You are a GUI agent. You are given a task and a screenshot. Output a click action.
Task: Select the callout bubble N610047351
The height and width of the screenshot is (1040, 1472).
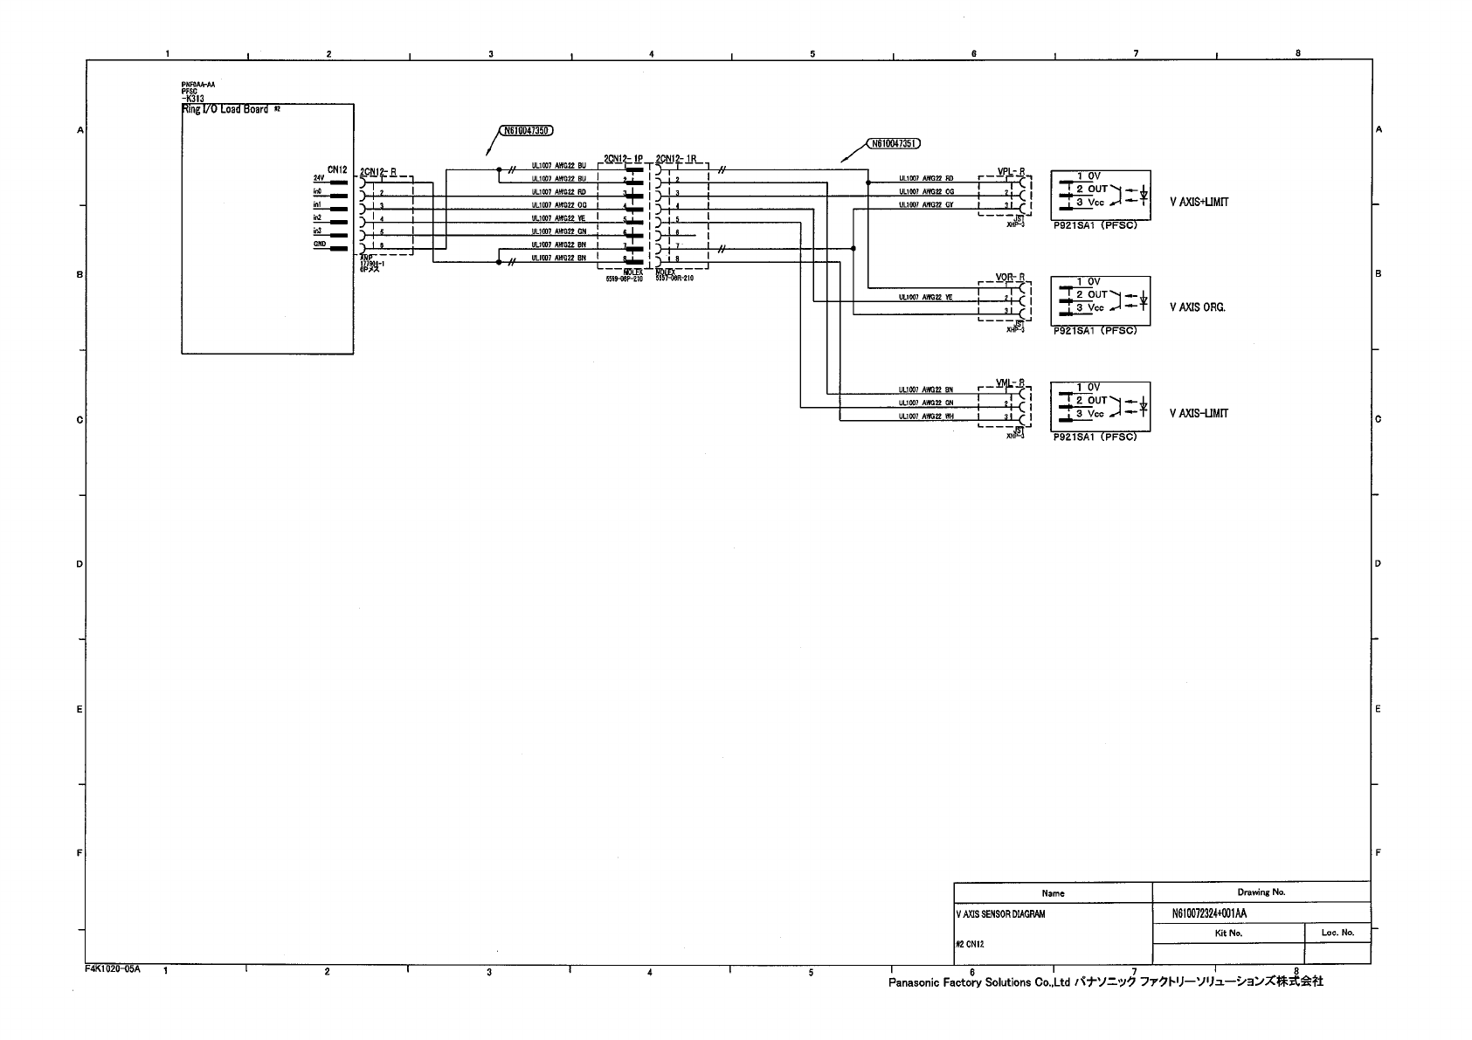click(894, 143)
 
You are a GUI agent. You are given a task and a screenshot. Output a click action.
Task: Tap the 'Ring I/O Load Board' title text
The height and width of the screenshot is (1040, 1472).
click(225, 109)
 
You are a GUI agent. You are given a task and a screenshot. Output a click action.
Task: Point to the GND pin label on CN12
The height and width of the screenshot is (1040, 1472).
click(320, 245)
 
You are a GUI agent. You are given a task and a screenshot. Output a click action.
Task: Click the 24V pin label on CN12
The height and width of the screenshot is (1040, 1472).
click(319, 178)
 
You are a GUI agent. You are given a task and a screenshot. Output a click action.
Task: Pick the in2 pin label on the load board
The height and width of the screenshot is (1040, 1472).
click(318, 217)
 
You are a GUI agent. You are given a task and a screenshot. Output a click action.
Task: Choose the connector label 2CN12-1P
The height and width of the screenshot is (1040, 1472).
click(623, 159)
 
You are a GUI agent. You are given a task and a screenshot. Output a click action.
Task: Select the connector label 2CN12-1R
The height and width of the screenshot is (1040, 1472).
click(675, 159)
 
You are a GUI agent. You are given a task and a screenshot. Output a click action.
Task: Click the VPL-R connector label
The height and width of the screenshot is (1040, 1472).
click(1010, 172)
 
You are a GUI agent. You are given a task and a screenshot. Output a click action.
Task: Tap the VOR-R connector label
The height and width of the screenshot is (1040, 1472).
click(1010, 278)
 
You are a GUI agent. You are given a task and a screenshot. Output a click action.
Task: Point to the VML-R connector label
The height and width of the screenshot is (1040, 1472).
click(1010, 383)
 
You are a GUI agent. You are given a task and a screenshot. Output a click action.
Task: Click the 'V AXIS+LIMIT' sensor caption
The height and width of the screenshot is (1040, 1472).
click(1199, 202)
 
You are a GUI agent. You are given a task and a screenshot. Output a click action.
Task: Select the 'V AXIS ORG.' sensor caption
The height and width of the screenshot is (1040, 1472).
click(1197, 307)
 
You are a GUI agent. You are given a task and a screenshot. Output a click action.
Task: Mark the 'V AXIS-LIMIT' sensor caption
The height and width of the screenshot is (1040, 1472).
click(1199, 413)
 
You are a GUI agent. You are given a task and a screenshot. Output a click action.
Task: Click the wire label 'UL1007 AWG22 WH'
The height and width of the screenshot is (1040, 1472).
click(926, 417)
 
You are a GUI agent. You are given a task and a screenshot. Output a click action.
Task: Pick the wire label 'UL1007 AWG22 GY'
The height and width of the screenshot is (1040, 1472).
click(926, 205)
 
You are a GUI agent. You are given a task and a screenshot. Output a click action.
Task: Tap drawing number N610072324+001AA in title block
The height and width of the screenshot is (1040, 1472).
click(1209, 913)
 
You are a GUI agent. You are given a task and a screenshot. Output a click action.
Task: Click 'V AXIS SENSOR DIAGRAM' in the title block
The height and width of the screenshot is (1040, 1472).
click(1000, 914)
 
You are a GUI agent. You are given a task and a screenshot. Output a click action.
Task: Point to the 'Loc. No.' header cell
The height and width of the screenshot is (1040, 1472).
click(1337, 933)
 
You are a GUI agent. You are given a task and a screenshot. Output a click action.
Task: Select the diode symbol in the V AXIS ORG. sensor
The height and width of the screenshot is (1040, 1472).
click(1143, 301)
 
